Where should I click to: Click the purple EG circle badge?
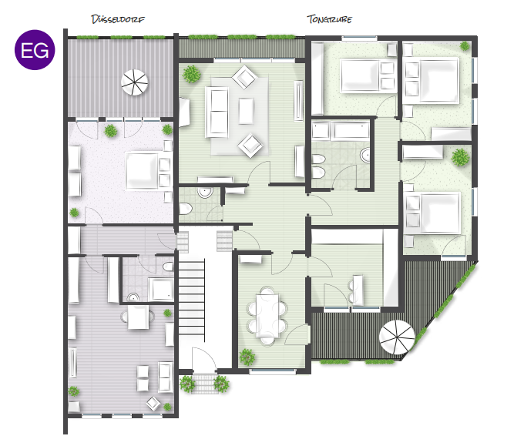pyautogui.click(x=35, y=50)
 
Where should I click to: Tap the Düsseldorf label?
pyautogui.click(x=118, y=19)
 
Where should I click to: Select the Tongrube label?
pyautogui.click(x=329, y=19)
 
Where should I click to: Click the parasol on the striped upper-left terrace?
pyautogui.click(x=134, y=82)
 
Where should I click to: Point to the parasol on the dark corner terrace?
pyautogui.click(x=397, y=337)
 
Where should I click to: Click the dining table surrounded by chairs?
pyautogui.click(x=267, y=315)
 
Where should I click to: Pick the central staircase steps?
pyautogui.click(x=191, y=297)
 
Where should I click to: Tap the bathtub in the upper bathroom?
pyautogui.click(x=351, y=130)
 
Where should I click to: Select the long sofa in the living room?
pyautogui.click(x=217, y=112)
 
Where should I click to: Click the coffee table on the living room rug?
pyautogui.click(x=246, y=111)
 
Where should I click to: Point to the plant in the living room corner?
pyautogui.click(x=191, y=74)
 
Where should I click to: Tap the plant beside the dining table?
pyautogui.click(x=247, y=357)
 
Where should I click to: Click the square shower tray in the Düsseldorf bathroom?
pyautogui.click(x=161, y=290)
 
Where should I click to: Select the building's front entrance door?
pyautogui.click(x=204, y=359)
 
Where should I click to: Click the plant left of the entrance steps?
pyautogui.click(x=187, y=384)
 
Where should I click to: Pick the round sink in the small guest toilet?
pyautogui.click(x=204, y=192)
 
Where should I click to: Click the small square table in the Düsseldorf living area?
pyautogui.click(x=138, y=317)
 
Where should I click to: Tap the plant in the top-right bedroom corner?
pyautogui.click(x=465, y=45)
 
